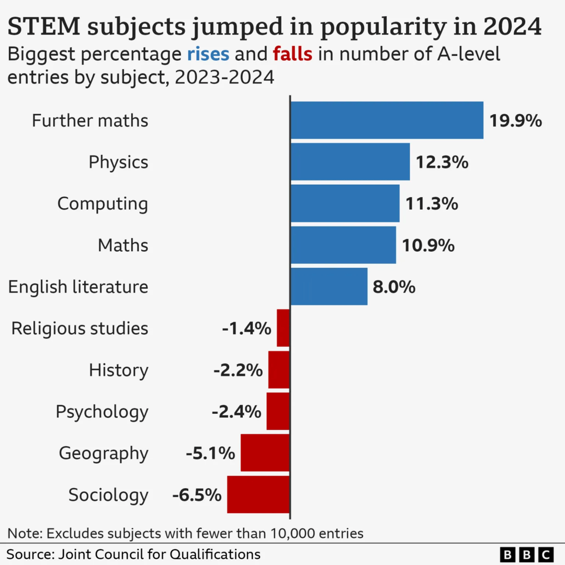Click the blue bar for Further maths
(387, 120)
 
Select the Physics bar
(350, 162)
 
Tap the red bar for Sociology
(258, 494)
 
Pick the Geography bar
(265, 453)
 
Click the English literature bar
(329, 286)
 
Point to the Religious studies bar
(283, 328)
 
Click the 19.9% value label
(515, 121)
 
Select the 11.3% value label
(432, 204)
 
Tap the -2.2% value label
(238, 370)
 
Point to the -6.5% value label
(197, 495)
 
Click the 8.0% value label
(394, 287)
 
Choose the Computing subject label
(103, 204)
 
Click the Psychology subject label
(102, 412)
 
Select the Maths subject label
(123, 245)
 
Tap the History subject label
(119, 370)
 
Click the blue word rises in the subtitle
(208, 54)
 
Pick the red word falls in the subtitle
(292, 54)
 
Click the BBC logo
(526, 554)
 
